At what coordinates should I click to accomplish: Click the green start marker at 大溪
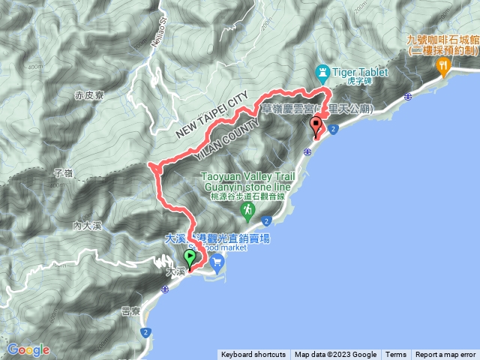pos(188,258)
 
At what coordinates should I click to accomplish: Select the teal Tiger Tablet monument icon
pos(323,73)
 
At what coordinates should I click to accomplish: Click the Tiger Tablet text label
pos(360,72)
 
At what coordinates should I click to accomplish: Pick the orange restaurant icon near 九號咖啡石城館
pos(443,66)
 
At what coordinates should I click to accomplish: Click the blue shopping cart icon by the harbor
pos(217,261)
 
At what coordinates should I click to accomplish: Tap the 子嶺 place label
pos(63,172)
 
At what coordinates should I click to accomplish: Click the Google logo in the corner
pos(28,349)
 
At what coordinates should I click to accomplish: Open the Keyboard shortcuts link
pos(253,355)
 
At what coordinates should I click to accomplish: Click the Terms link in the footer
pos(396,355)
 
